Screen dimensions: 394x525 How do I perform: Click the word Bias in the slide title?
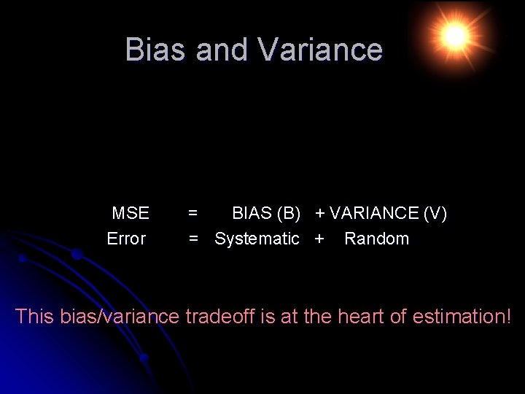coord(152,50)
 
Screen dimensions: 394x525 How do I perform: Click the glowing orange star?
coord(454,34)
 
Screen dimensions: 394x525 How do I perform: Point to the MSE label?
coord(131,213)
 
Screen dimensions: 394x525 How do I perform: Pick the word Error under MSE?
coord(126,239)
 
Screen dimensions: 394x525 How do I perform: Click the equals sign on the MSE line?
coord(192,213)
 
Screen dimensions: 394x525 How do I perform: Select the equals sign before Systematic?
coord(194,239)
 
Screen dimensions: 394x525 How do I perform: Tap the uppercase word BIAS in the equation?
coord(252,213)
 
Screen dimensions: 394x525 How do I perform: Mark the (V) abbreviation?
coord(435,213)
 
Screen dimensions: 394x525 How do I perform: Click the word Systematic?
coord(257,239)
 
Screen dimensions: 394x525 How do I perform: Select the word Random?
coord(376,239)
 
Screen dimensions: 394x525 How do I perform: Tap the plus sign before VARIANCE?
coord(320,213)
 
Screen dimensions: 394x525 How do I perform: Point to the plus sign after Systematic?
coord(319,239)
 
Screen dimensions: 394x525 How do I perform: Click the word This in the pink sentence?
coord(34,317)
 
